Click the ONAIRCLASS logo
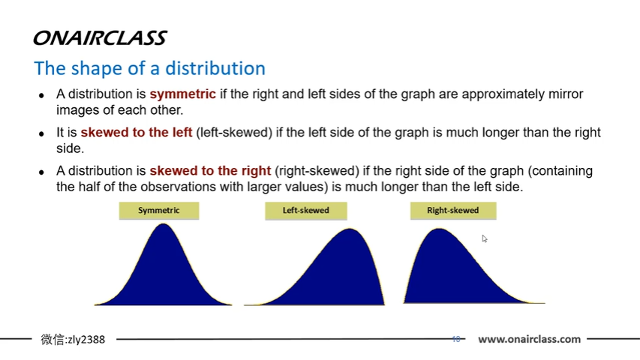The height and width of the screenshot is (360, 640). pyautogui.click(x=100, y=38)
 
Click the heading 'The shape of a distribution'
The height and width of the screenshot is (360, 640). pyautogui.click(x=149, y=68)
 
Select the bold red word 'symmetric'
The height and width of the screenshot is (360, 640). pyautogui.click(x=182, y=94)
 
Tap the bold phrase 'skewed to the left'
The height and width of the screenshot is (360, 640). pyautogui.click(x=137, y=133)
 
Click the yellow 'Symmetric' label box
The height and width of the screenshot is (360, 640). pyautogui.click(x=159, y=211)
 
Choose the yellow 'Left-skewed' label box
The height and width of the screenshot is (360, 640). pyautogui.click(x=305, y=211)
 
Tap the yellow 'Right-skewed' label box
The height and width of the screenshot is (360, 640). pyautogui.click(x=452, y=211)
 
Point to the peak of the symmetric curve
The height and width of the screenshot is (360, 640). pyautogui.click(x=163, y=224)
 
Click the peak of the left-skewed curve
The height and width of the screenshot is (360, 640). pyautogui.click(x=350, y=229)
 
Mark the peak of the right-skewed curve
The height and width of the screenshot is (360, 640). pyautogui.click(x=437, y=229)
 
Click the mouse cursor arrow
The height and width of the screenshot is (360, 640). pyautogui.click(x=484, y=238)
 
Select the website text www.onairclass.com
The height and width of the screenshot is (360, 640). pyautogui.click(x=529, y=339)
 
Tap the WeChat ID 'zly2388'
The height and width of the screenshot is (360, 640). pyautogui.click(x=86, y=340)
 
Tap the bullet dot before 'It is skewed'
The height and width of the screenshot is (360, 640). pyautogui.click(x=42, y=133)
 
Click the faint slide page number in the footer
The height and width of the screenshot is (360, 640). pyautogui.click(x=455, y=339)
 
